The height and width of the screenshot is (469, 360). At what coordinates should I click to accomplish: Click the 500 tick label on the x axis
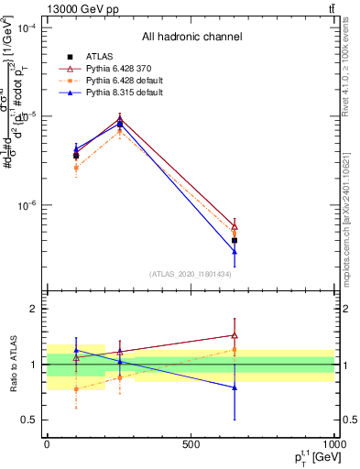coord(191,444)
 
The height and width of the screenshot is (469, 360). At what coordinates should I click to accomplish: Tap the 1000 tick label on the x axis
coord(333,444)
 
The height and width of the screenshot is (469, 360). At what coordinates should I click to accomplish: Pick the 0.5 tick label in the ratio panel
coord(29,420)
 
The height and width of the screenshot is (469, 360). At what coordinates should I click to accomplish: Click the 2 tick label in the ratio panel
coord(35,310)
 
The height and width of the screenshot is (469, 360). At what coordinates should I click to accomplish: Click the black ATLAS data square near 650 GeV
coord(235,240)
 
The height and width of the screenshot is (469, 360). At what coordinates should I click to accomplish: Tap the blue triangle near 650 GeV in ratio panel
coord(235,387)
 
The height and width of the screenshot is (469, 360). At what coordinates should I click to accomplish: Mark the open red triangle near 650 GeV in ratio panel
coord(235,335)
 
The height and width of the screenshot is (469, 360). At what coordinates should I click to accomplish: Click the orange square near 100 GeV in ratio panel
coord(76,388)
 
